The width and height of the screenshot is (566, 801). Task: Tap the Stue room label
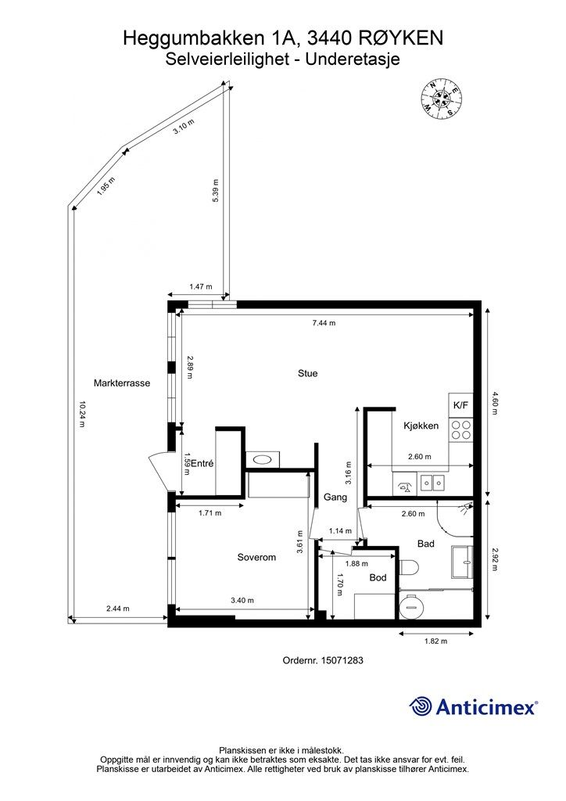308,373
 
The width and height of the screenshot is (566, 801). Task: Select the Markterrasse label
122,383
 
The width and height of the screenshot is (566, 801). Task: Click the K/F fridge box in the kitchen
461,406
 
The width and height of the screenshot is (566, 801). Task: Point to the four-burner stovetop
461,430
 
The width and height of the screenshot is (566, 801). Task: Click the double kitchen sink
432,483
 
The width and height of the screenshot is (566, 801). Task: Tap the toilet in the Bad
409,566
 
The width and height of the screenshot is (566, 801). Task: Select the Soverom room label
256,557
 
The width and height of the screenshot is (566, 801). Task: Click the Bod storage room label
378,578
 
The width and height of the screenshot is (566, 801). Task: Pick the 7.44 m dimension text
324,323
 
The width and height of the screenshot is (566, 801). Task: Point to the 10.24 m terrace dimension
81,414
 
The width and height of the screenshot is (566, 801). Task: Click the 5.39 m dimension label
215,191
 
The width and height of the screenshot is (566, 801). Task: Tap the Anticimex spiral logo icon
420,707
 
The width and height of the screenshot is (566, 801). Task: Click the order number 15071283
342,660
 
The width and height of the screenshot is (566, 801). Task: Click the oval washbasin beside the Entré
263,459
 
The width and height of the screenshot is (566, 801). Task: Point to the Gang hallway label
335,497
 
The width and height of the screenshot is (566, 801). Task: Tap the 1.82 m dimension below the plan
436,641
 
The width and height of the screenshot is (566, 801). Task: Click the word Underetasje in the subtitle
353,59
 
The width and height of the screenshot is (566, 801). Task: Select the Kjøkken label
421,426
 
